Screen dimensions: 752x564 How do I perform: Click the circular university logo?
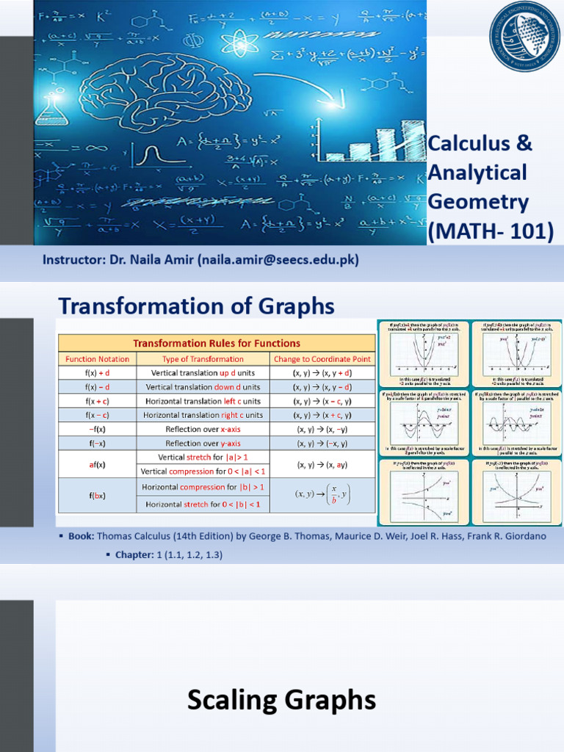524,37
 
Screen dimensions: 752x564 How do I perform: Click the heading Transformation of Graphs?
196,305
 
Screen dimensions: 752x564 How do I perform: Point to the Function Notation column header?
97,359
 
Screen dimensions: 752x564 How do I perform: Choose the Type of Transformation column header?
203,359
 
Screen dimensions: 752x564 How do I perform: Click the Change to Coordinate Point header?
322,359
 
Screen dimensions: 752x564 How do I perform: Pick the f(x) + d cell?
97,373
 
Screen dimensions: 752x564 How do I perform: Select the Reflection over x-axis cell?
203,429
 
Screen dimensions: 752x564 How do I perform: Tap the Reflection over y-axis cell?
203,443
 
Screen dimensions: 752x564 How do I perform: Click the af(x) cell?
97,464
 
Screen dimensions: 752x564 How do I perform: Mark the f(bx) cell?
97,496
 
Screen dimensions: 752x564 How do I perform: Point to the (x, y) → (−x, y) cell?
322,443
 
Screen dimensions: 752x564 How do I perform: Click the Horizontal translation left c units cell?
203,401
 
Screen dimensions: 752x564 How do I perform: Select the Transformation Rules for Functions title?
217,343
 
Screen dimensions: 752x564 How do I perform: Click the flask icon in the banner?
51,110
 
